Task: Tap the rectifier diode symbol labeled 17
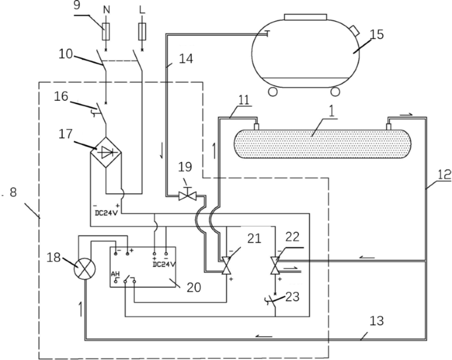pos(106,151)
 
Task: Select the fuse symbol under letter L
pos(143,31)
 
